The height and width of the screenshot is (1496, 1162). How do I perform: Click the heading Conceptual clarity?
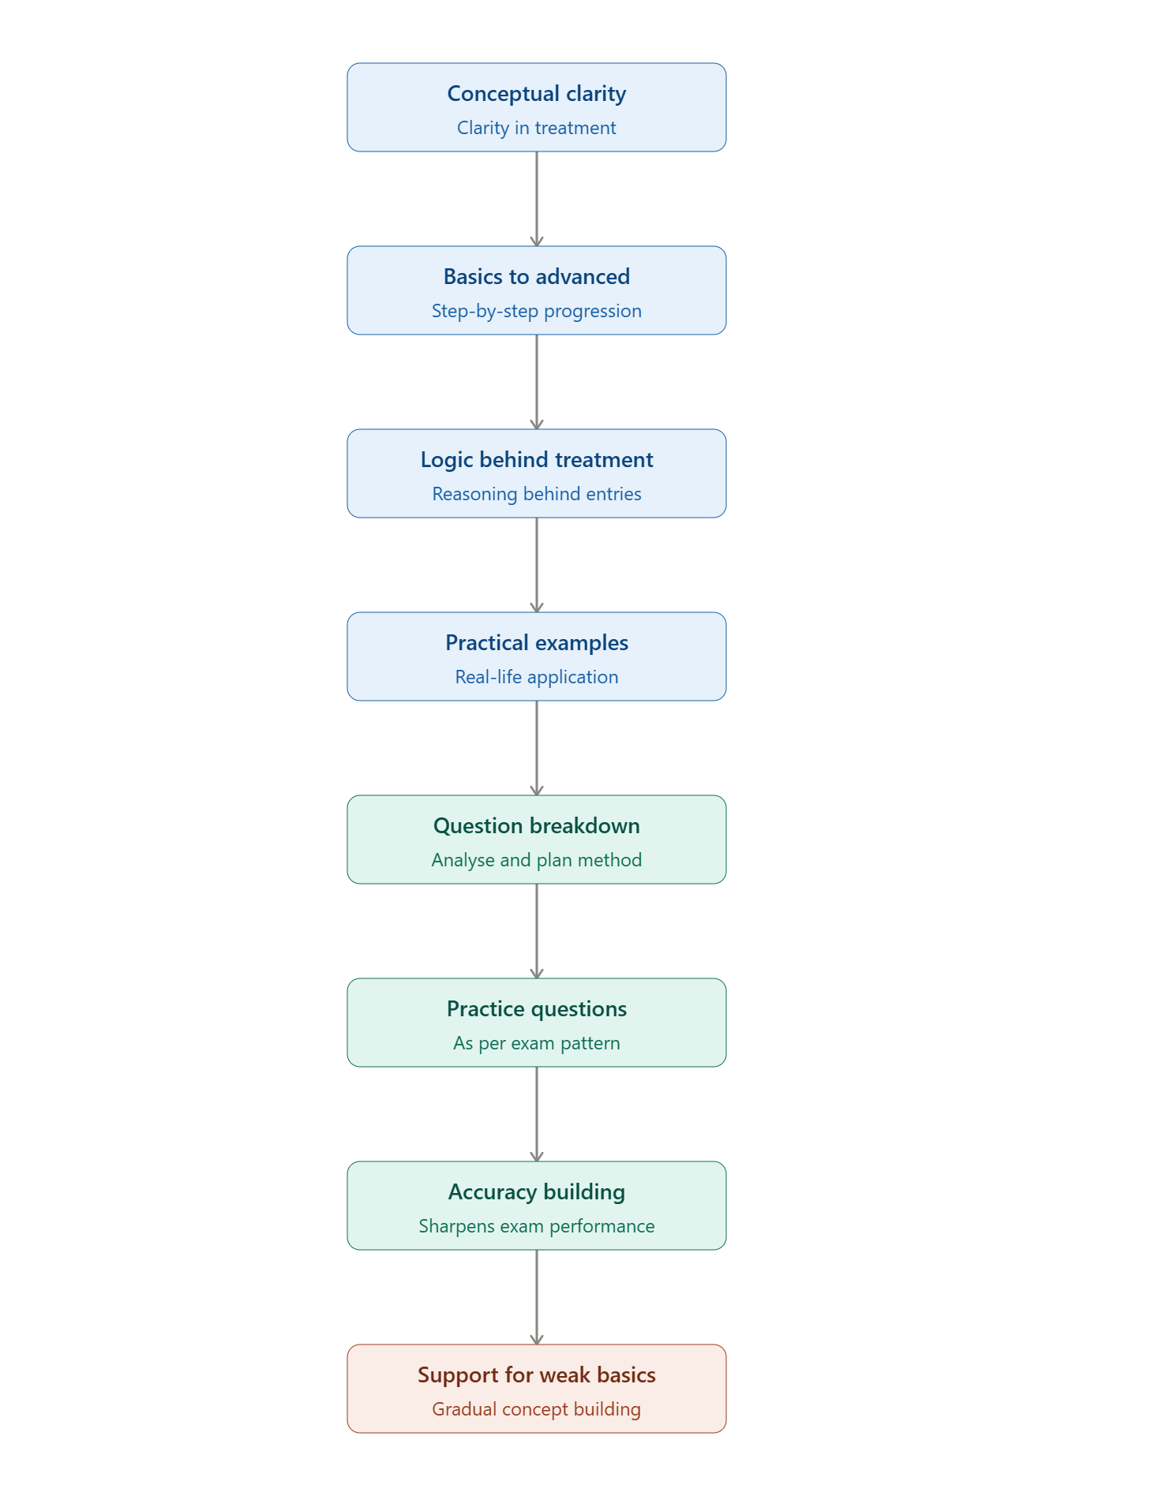[537, 94]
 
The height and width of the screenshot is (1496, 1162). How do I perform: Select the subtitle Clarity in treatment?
[537, 128]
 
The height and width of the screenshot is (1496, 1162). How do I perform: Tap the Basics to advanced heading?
[537, 277]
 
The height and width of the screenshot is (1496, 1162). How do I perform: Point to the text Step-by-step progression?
[537, 311]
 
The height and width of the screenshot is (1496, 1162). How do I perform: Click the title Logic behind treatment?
[537, 460]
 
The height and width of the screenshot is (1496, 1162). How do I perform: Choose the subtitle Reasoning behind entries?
[537, 494]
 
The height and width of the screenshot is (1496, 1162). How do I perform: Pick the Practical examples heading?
[537, 643]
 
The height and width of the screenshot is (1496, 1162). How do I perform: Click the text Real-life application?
[537, 677]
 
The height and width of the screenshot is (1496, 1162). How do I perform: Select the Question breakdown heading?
[537, 826]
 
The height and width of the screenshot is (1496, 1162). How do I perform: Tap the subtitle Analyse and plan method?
[537, 860]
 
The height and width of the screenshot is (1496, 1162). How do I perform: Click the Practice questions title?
[537, 1009]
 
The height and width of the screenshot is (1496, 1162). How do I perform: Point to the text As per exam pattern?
[537, 1043]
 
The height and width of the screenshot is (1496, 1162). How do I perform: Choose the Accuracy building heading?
[537, 1192]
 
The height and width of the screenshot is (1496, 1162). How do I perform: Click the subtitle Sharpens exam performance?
[537, 1226]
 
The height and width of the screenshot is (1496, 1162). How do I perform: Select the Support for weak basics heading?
[537, 1375]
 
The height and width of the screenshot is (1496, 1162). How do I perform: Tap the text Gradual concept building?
[537, 1409]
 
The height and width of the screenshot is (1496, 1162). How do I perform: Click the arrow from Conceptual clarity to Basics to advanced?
[537, 199]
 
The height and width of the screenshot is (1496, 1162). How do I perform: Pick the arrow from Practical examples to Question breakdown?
[537, 748]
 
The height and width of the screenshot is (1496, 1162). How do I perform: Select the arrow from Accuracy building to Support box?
[537, 1297]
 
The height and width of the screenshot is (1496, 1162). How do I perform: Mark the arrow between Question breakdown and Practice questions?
[537, 931]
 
